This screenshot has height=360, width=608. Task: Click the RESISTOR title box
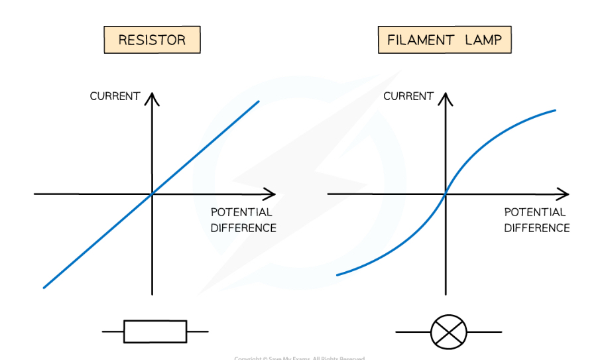tap(152, 40)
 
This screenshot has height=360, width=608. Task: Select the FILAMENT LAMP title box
tap(444, 40)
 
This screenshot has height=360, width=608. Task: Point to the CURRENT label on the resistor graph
tap(115, 96)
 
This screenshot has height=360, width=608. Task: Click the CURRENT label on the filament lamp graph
tap(408, 96)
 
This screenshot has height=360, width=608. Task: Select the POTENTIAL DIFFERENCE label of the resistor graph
tap(243, 220)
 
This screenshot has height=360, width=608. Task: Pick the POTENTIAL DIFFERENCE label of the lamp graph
tap(536, 220)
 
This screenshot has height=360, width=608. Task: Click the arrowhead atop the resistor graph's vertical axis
tap(152, 97)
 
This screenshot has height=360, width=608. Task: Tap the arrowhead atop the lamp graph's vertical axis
tap(446, 97)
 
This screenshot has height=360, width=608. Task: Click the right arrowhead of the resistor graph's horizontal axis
tap(271, 194)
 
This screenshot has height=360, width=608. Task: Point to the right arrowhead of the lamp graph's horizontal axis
tap(564, 194)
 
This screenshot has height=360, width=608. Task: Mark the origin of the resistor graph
tap(152, 194)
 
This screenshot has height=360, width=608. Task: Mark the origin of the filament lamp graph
tap(446, 194)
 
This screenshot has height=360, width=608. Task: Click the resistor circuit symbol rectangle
tap(155, 331)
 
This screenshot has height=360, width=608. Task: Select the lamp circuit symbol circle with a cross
tap(449, 331)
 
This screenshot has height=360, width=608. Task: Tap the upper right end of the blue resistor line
tap(258, 101)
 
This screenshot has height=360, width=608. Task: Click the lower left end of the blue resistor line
tap(44, 287)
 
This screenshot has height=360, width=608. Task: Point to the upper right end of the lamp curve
tap(555, 110)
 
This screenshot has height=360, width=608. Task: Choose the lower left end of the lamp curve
tap(337, 274)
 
